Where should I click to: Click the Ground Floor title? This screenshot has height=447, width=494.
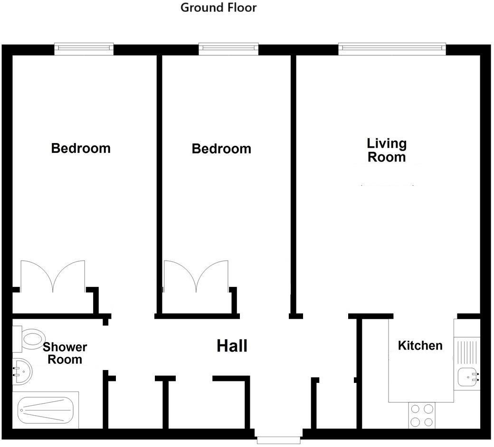coord(218,8)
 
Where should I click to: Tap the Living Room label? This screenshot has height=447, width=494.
coord(387,150)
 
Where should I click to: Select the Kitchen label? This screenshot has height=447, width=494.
coord(420,345)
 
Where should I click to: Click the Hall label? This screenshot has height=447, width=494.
coord(232,346)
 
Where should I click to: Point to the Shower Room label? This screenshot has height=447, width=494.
coord(65,353)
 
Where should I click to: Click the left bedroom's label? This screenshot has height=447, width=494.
coord(81,148)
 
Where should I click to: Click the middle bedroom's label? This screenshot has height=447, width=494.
coord(221,149)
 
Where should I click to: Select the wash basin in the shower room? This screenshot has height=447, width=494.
coord(21,371)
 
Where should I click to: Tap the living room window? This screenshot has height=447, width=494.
coord(392,48)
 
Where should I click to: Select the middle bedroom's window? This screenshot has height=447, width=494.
coord(228,48)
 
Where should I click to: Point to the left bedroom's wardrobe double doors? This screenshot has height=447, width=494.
coord(52,277)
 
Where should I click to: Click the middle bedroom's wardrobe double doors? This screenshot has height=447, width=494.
coord(196,277)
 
